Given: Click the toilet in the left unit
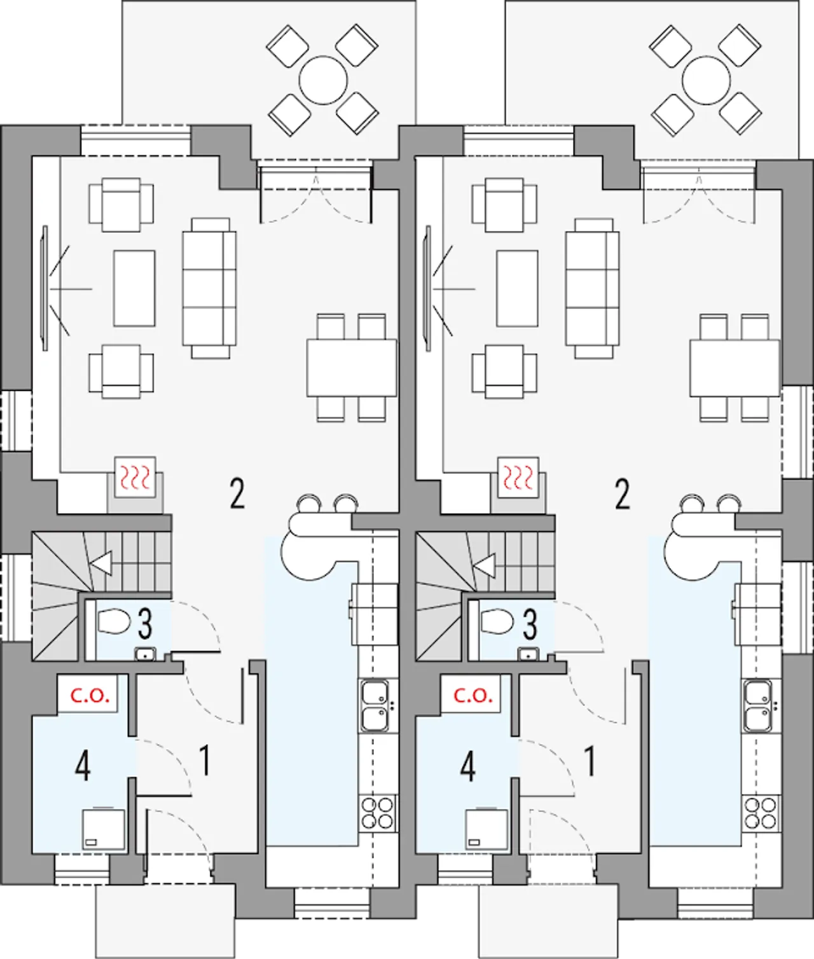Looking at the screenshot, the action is click(x=114, y=622).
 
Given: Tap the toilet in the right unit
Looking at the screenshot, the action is click(x=497, y=622).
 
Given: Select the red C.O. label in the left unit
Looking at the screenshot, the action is click(x=90, y=695).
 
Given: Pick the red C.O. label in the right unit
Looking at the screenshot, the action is click(x=473, y=695).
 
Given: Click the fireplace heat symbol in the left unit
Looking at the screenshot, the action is click(x=135, y=478).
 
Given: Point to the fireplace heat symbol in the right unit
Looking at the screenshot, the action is click(x=518, y=478).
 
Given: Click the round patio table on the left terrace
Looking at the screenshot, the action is click(x=323, y=80).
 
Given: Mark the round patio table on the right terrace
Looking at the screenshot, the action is click(x=707, y=80).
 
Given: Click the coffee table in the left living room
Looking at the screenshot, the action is click(x=135, y=289).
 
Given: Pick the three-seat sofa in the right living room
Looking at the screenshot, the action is click(x=592, y=289).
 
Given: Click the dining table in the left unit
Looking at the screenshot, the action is click(x=352, y=368).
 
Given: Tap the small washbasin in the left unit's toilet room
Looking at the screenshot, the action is click(x=146, y=654).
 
